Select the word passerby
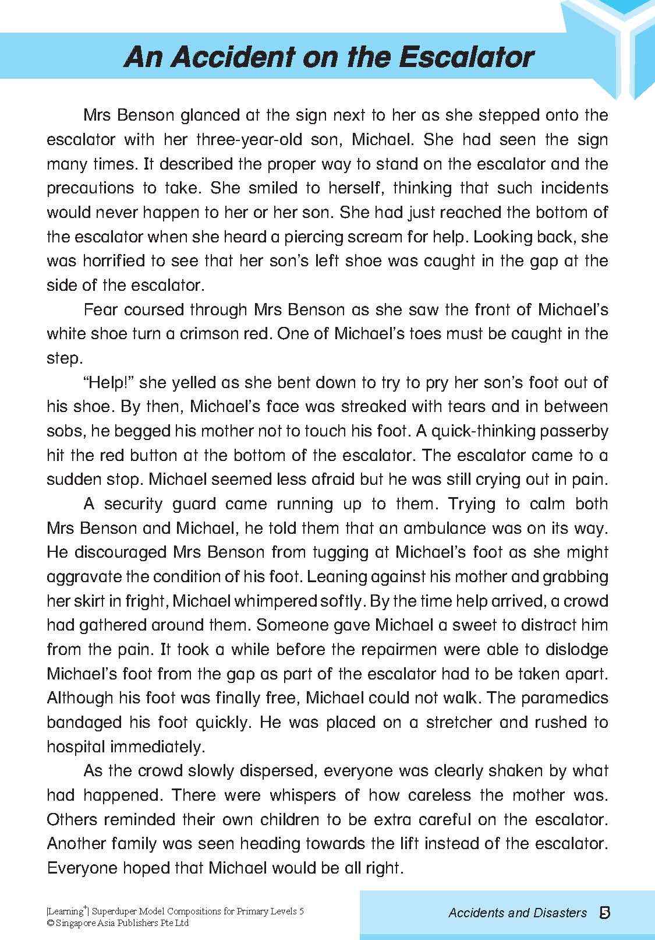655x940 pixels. click(x=571, y=431)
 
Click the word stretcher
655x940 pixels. click(x=459, y=723)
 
